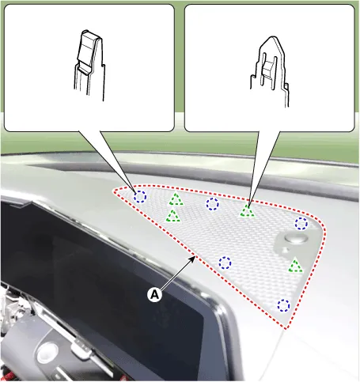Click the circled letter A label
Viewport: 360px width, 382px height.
154,294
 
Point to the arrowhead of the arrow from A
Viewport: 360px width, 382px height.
193,258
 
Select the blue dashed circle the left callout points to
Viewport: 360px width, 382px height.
139,197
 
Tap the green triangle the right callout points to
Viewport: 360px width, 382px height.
248,211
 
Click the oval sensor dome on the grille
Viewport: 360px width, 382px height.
296,239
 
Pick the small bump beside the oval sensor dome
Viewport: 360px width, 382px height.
286,250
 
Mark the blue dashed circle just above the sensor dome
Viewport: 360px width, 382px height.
301,224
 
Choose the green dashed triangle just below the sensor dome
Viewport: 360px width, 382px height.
295,266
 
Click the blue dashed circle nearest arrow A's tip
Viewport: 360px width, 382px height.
225,263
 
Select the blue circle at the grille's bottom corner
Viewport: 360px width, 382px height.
283,305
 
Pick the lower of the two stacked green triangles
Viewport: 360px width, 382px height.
172,216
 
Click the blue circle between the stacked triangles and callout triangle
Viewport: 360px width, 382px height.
212,204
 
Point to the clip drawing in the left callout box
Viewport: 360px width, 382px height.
89,66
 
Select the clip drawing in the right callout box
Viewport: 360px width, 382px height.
269,71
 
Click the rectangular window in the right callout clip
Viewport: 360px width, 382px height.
268,69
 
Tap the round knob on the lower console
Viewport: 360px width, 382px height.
47,353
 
